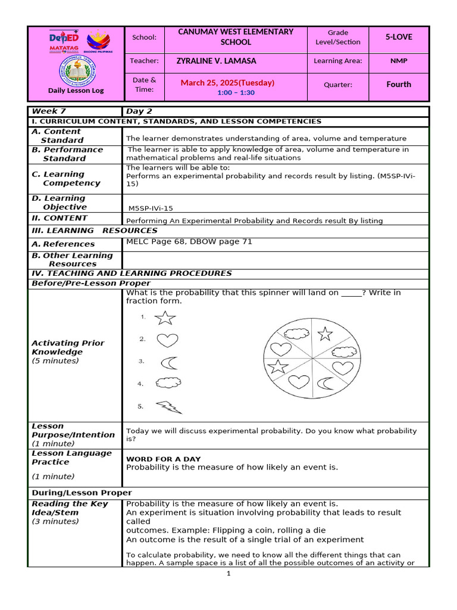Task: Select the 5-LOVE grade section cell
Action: coord(398,37)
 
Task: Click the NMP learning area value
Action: coord(398,61)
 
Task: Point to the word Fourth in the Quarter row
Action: coord(398,85)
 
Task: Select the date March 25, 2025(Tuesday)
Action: coord(227,83)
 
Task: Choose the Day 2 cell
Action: coord(139,111)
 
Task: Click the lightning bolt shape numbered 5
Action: coord(169,407)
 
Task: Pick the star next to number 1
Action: coord(165,318)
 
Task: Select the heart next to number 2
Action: coord(167,340)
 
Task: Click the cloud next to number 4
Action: coord(168,384)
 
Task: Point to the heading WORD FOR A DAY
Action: coord(163,459)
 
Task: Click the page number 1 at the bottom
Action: coord(228,574)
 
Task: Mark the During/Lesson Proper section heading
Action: coord(82,493)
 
